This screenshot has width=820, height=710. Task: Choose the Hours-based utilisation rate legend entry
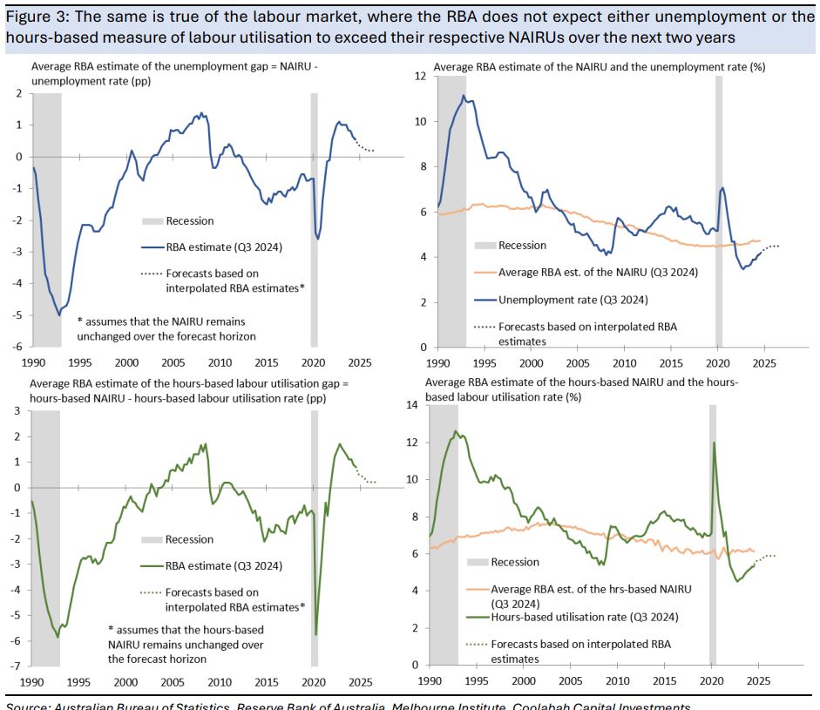tap(584, 616)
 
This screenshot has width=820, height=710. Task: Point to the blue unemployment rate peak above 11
tap(464, 96)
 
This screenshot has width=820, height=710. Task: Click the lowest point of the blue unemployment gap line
tap(59, 314)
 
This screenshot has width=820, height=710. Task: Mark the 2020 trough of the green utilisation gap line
tap(315, 634)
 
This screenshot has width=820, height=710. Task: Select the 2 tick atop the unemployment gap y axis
tap(18, 94)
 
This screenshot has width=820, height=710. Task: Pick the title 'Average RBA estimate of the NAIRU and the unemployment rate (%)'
tap(599, 66)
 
